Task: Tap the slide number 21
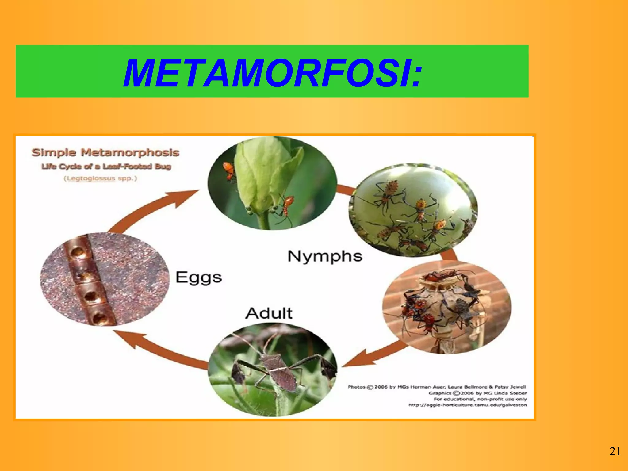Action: tap(615, 452)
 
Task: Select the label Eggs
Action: tap(198, 277)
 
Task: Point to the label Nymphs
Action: tap(325, 256)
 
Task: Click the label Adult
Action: tap(269, 313)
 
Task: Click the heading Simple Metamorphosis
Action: tap(105, 152)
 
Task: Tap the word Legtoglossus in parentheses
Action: tap(91, 178)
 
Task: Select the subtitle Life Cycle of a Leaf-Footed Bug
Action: tap(106, 167)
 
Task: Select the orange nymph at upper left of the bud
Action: tap(228, 170)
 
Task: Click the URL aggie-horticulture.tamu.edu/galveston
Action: tap(467, 405)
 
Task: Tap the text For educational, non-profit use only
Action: tap(480, 399)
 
